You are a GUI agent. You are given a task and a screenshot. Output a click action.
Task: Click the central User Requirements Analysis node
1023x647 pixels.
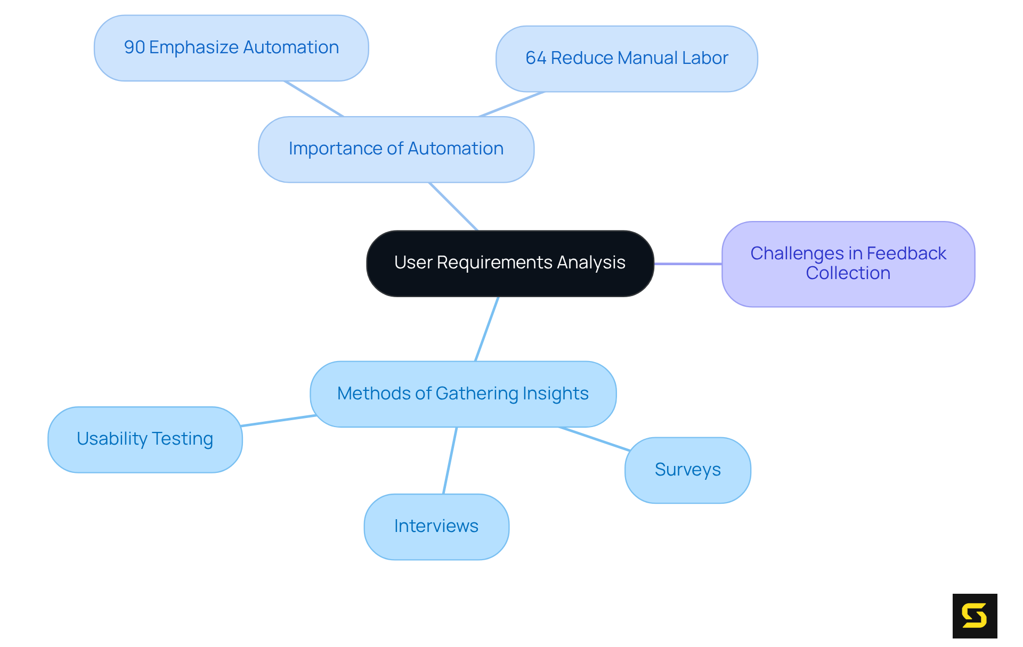(x=510, y=263)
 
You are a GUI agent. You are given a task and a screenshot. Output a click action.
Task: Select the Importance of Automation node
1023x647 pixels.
(x=396, y=149)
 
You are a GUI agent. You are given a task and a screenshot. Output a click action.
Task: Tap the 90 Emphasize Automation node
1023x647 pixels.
(x=231, y=48)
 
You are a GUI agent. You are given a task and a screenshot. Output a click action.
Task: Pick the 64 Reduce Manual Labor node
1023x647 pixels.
(x=627, y=59)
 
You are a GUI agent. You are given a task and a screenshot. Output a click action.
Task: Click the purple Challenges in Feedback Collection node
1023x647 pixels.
(x=848, y=264)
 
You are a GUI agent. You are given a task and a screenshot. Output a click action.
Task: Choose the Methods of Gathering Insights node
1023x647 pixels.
(x=463, y=394)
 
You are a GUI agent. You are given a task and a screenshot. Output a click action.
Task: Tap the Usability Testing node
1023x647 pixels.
(x=145, y=439)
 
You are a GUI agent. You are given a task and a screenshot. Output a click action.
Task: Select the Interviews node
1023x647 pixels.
(x=436, y=527)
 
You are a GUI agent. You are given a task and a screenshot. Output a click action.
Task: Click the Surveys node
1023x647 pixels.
(x=687, y=470)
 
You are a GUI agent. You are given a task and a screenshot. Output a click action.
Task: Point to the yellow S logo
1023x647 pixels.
(x=975, y=616)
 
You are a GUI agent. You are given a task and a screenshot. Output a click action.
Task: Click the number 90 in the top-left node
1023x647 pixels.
(x=134, y=48)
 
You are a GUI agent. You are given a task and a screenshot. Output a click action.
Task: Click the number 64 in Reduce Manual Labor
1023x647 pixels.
(x=535, y=59)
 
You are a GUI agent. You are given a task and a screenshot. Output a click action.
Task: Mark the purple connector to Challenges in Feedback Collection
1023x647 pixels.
(x=688, y=264)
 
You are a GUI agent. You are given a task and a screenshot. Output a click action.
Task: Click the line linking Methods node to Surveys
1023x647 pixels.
(x=594, y=439)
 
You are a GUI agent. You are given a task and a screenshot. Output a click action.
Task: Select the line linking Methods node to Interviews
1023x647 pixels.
(x=450, y=460)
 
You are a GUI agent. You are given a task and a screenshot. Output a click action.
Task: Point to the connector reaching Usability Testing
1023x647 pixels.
(x=278, y=421)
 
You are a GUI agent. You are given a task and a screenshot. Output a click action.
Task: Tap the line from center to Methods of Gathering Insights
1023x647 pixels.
(x=486, y=329)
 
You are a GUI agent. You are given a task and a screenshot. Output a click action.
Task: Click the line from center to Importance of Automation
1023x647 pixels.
(x=453, y=207)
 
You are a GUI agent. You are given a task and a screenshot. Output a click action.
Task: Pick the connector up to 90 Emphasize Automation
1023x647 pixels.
(x=314, y=99)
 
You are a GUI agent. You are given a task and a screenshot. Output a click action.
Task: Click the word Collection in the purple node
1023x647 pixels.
(x=848, y=274)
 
